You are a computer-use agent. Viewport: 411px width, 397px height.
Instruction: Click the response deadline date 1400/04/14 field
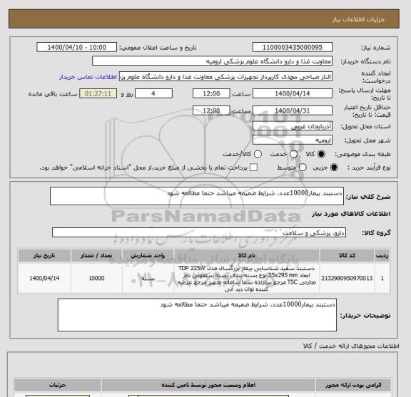click(x=294, y=93)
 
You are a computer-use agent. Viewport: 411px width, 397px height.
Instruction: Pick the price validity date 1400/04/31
click(x=294, y=110)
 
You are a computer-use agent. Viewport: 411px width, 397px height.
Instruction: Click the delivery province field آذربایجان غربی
click(x=294, y=125)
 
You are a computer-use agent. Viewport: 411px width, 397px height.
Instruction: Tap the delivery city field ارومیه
click(x=294, y=138)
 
